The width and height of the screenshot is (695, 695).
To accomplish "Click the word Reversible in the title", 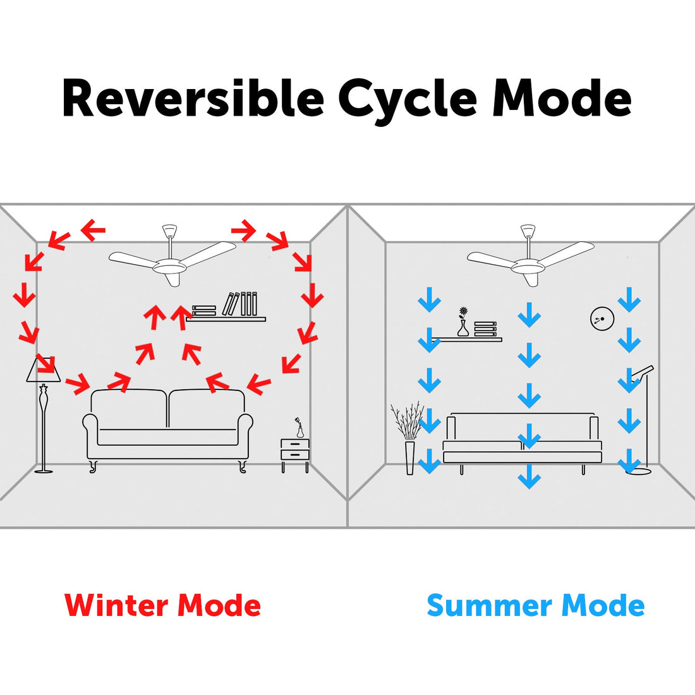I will pos(193,99).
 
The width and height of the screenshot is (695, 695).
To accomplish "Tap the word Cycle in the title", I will pos(408,100).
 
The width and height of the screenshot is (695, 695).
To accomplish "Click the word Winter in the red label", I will pos(118,605).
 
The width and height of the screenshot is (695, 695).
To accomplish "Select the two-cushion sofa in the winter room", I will pos(168,427).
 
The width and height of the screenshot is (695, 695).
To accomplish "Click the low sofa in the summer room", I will pos(522,440).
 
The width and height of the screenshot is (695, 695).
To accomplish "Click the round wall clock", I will pos(601,319).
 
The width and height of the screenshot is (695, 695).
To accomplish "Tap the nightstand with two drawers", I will pos(295,454).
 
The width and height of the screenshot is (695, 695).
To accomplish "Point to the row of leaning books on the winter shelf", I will pos(241,304).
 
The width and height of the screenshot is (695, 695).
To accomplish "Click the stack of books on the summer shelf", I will pos(485,329).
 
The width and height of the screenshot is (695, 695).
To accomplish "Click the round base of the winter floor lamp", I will pos(44,470).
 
